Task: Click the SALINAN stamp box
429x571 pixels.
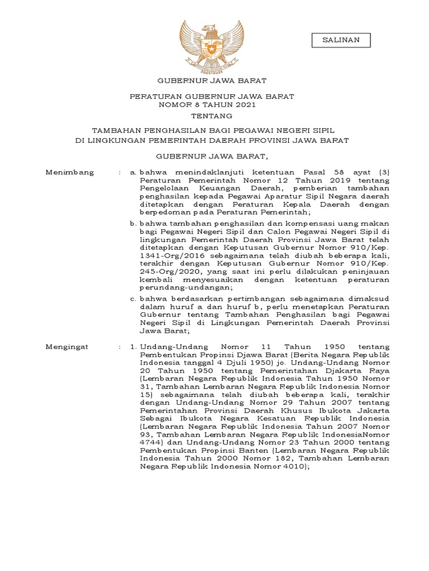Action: point(341,40)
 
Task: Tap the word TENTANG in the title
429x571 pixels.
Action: point(212,116)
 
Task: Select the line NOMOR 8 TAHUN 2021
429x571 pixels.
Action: point(212,104)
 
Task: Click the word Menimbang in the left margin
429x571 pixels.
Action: point(69,173)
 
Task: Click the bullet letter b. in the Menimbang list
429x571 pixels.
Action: point(133,223)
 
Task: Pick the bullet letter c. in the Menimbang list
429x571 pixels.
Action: point(133,298)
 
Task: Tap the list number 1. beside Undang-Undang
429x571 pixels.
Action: point(133,347)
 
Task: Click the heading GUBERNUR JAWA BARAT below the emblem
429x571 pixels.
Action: point(212,81)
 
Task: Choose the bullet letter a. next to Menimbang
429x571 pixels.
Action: point(133,173)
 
